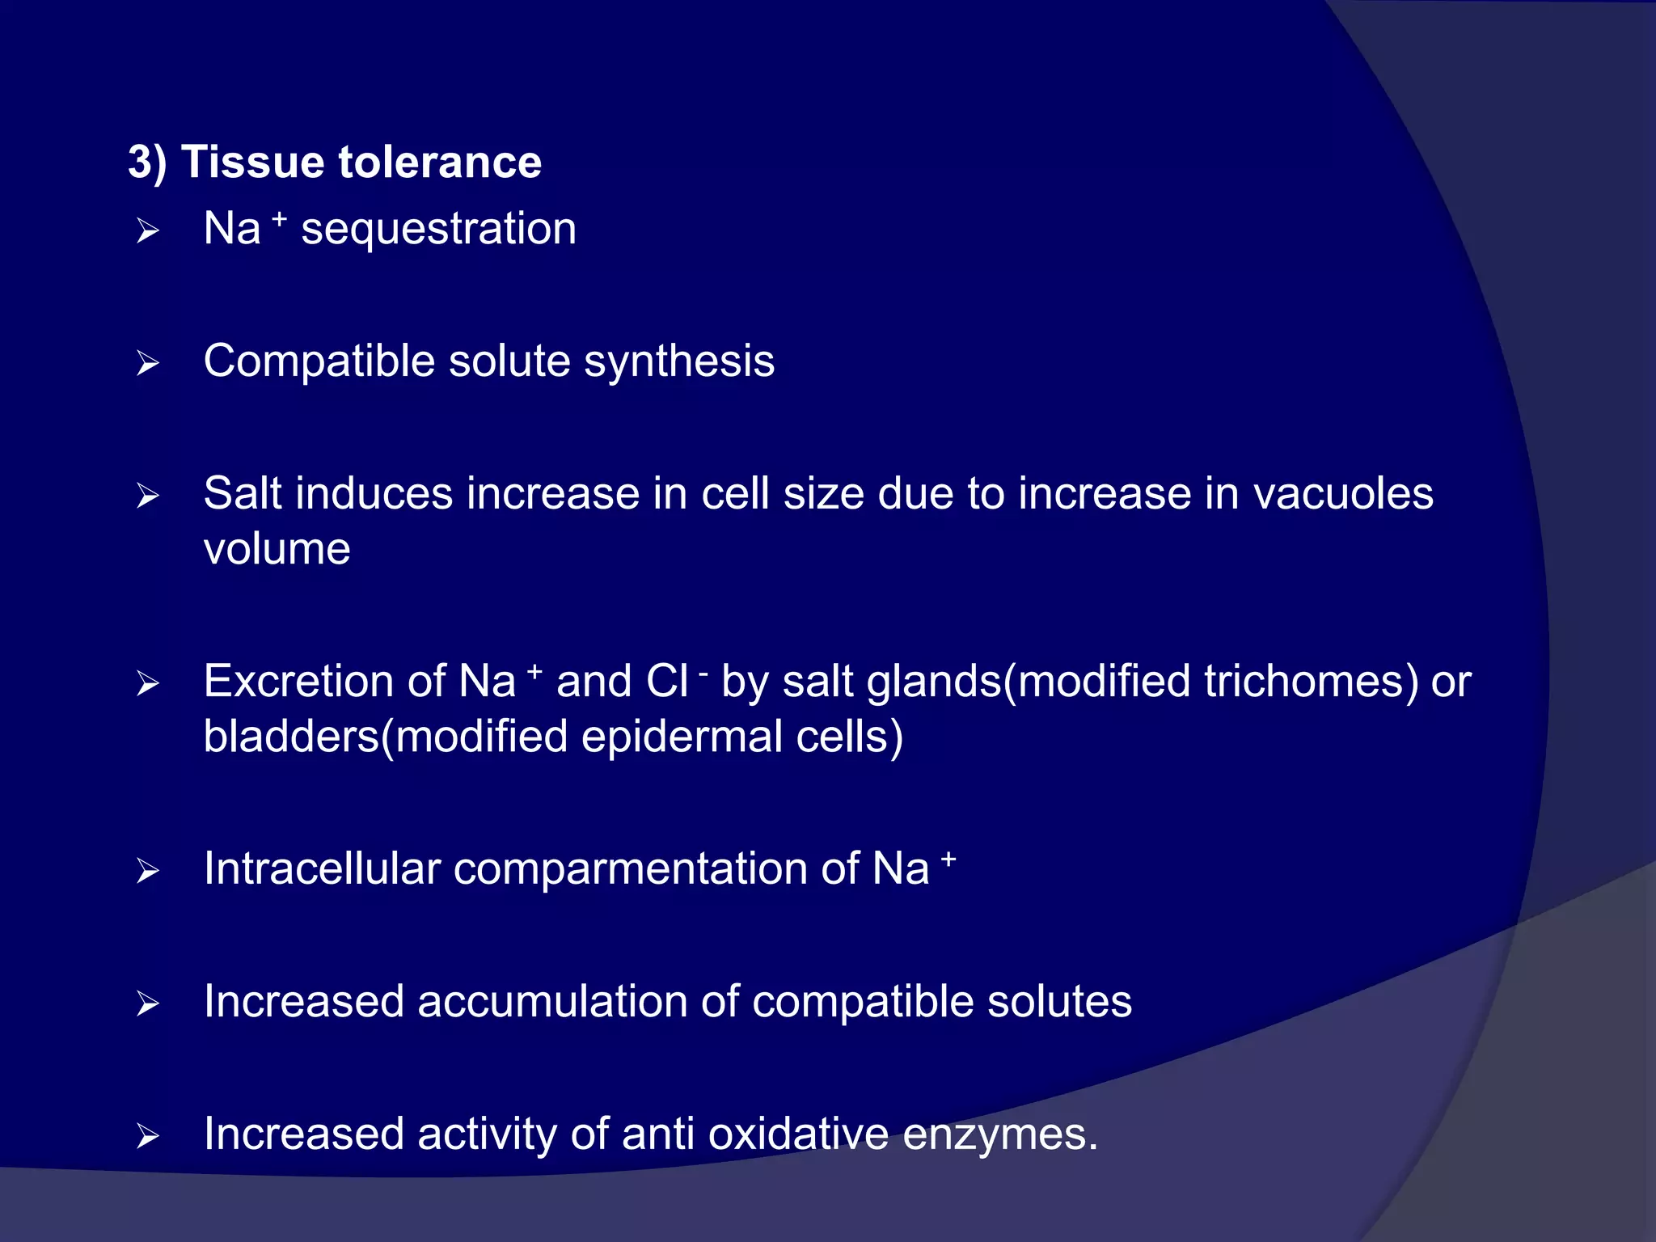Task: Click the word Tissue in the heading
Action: click(253, 162)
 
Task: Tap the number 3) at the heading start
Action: click(147, 162)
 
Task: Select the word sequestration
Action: click(438, 229)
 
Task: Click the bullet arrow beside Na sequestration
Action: click(147, 231)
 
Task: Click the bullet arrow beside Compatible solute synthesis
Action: click(147, 364)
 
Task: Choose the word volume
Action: click(277, 550)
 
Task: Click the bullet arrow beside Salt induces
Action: click(147, 496)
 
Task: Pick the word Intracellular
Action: click(322, 869)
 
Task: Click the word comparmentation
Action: click(631, 869)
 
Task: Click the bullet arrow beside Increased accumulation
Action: click(147, 1004)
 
